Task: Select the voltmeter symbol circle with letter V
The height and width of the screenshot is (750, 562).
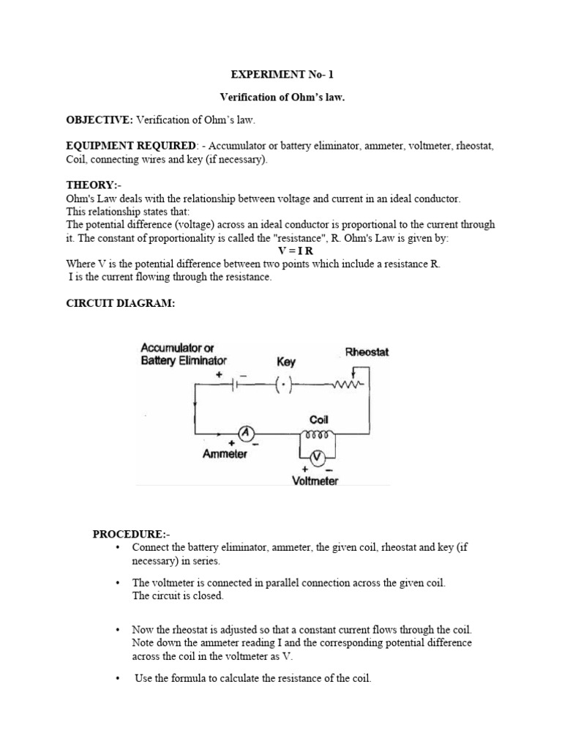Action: click(316, 458)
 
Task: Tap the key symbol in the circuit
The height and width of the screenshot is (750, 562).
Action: click(284, 384)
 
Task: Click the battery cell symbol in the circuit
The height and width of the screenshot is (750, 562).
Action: click(236, 384)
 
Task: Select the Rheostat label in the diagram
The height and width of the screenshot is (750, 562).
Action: click(367, 352)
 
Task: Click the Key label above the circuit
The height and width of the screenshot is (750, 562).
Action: click(286, 362)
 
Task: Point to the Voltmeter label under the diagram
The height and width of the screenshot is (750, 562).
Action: click(315, 481)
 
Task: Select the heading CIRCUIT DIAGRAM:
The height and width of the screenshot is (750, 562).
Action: click(121, 303)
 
